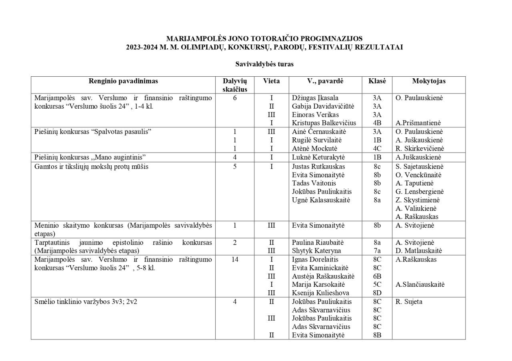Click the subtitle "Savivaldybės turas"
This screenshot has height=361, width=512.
pyautogui.click(x=264, y=64)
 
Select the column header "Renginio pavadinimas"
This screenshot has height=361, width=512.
pyautogui.click(x=123, y=81)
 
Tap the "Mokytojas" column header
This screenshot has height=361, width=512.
pyautogui.click(x=428, y=81)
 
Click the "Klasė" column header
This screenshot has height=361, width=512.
pyautogui.click(x=377, y=81)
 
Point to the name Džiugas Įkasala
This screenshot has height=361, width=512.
pyautogui.click(x=315, y=98)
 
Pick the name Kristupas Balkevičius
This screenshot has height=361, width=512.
pyautogui.click(x=324, y=123)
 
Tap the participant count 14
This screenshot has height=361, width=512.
pyautogui.click(x=235, y=260)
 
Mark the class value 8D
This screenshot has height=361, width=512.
pyautogui.click(x=377, y=293)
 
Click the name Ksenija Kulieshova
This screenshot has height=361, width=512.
pyautogui.click(x=321, y=293)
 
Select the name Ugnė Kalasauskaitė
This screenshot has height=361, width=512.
pyautogui.click(x=321, y=200)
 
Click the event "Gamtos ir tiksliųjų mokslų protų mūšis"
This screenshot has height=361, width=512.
pyautogui.click(x=91, y=167)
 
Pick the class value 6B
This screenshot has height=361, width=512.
pyautogui.click(x=377, y=276)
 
